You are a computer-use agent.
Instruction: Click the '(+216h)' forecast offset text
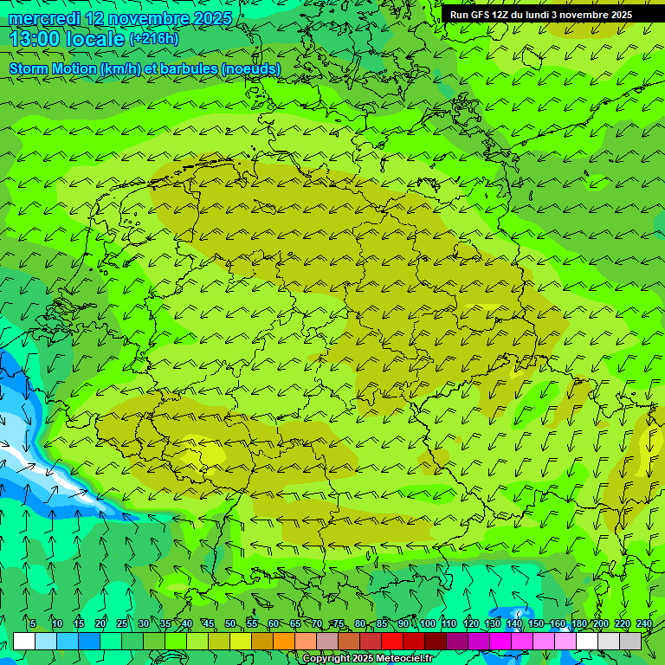153,39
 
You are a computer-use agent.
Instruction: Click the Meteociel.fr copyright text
368,659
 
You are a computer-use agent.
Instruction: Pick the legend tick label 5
33,624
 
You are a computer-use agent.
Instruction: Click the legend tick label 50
230,624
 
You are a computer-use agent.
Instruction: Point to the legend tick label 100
428,624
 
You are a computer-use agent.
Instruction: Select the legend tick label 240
644,624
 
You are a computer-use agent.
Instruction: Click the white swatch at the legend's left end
24,641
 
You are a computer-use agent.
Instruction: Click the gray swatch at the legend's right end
630,641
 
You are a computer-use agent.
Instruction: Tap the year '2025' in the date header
212,18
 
